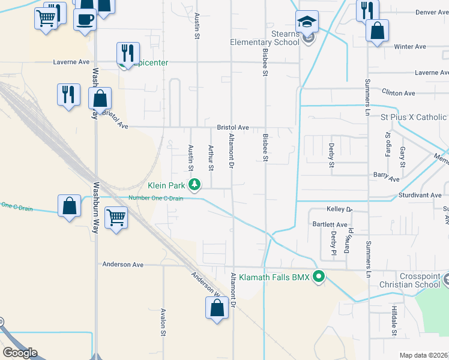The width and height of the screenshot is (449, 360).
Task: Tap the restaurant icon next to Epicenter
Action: tap(128, 53)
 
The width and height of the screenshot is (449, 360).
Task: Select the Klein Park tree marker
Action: tap(194, 184)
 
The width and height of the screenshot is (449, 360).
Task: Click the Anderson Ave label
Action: tap(123, 264)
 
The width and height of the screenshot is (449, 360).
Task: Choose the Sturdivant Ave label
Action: tap(420, 196)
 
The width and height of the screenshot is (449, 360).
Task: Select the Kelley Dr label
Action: tap(339, 209)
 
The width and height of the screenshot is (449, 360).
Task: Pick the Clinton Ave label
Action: tap(399, 93)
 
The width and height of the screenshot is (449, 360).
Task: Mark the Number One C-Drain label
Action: tap(155, 198)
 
